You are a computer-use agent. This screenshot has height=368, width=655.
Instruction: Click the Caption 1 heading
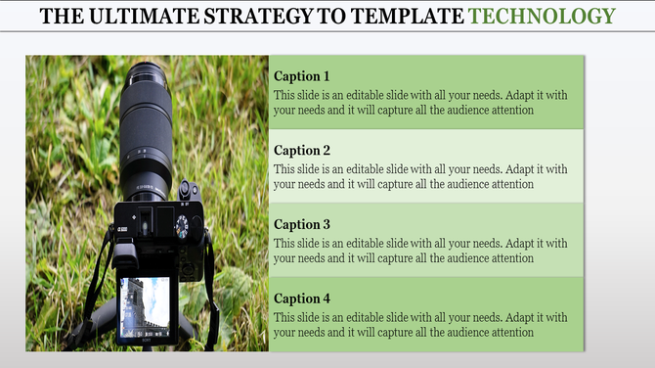coord(302,76)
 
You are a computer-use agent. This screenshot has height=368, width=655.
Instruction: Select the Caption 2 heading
coord(302,151)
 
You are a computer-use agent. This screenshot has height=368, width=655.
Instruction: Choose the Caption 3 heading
coord(302,224)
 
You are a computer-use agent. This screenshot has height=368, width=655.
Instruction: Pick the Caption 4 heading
coord(302,299)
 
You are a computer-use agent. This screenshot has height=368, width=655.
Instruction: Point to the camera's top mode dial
coord(182,226)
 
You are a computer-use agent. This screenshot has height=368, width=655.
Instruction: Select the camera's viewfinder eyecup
coord(125,256)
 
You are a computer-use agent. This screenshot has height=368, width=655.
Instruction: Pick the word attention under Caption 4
coord(509,333)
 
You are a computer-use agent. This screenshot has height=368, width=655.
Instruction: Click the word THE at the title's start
coord(62,16)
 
